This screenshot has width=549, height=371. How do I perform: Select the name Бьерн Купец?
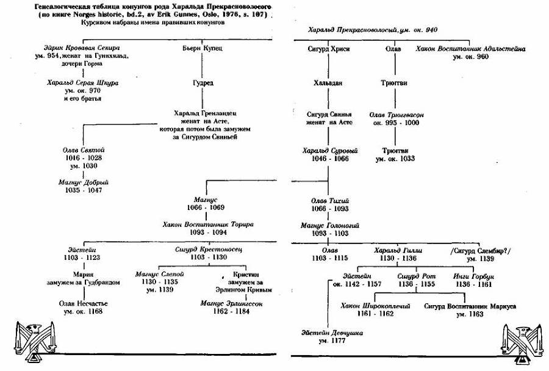(198, 48)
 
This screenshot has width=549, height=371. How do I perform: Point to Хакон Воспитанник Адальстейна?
(470, 48)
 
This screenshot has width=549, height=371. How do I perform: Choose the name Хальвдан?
(330, 82)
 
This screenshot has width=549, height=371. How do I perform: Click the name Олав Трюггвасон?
(397, 114)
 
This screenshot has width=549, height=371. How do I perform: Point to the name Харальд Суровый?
(330, 150)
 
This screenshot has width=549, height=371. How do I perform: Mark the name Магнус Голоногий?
(330, 225)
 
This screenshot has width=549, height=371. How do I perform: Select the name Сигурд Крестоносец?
(203, 250)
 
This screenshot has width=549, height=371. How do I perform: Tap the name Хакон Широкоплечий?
(375, 306)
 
